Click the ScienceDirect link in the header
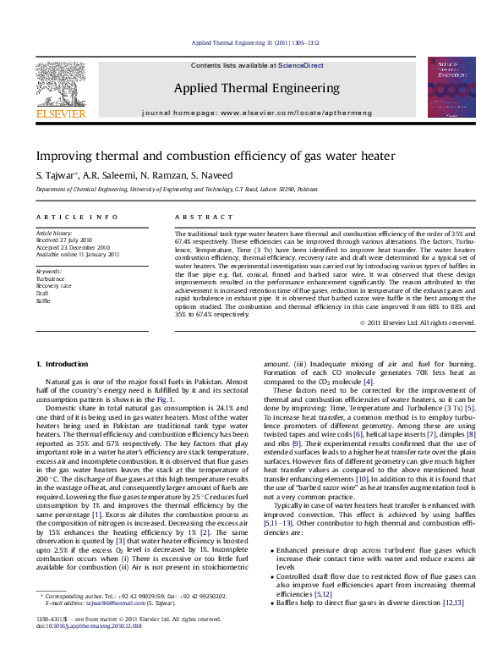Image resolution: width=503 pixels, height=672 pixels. point(301,64)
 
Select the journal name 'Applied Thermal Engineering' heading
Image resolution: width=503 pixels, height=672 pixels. point(257,88)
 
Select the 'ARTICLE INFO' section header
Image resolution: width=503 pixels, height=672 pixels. point(65,218)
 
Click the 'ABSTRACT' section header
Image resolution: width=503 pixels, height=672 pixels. point(197,218)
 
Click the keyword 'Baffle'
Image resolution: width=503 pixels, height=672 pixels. point(42,301)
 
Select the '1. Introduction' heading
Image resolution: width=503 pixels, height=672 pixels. point(63,364)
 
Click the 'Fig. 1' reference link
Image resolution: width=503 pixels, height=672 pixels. point(165,399)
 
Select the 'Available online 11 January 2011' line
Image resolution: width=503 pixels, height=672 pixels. point(78,254)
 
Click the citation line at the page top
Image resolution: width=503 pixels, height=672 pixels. point(254,42)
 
